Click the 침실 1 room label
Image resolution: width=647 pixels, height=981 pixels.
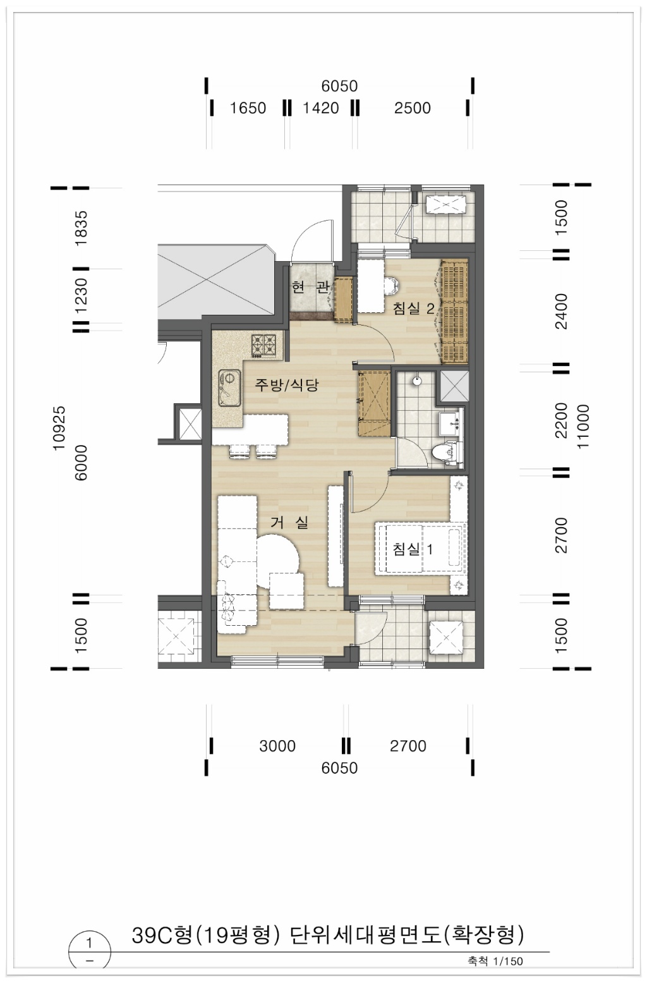point(413,549)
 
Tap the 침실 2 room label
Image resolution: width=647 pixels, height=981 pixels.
point(414,308)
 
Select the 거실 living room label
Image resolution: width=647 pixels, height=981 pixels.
point(289,522)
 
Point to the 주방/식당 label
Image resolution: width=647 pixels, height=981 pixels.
point(287,385)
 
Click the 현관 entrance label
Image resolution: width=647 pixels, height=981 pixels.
point(310,288)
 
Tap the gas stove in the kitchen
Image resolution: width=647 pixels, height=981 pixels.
point(263,345)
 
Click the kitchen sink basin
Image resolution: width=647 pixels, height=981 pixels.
point(229,389)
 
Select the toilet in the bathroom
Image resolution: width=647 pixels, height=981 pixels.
point(446,451)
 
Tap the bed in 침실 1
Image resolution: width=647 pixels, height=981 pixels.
point(420,549)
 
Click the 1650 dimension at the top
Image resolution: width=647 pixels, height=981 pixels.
point(248,107)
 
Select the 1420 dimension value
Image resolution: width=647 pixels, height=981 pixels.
point(321,107)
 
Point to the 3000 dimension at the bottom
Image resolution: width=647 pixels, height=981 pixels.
point(277,746)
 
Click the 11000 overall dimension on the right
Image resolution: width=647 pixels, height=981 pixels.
point(583,426)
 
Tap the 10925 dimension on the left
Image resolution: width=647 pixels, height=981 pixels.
point(59,427)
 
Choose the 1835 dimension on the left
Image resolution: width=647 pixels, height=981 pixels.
point(82,229)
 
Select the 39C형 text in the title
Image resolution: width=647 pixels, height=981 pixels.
point(162,936)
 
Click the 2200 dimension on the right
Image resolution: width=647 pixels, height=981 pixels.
point(561,420)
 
